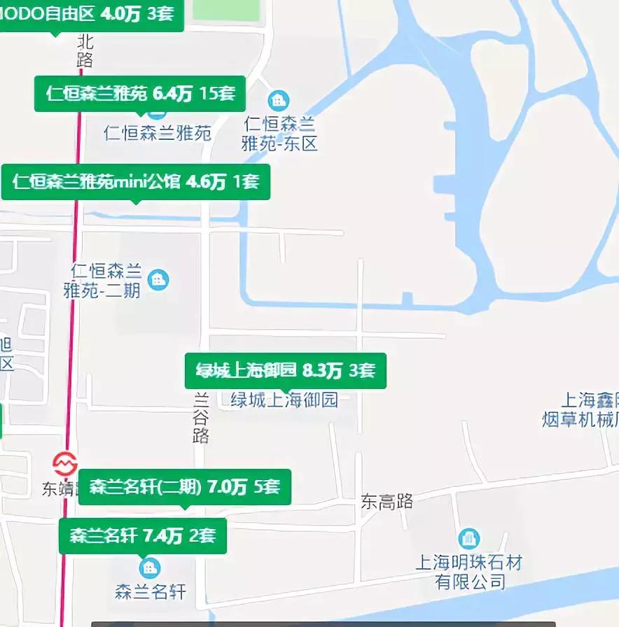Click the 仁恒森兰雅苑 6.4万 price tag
pos(140,94)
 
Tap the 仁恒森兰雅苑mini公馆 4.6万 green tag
pos(135,183)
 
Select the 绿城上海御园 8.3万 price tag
pos(285,370)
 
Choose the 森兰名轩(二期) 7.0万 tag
pos(184,486)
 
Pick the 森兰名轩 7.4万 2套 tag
pos(143,536)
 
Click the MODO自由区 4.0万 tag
pos(91,14)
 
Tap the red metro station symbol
pos(65,463)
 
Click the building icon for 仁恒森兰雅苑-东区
pos(279,100)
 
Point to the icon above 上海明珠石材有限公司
pos(468,539)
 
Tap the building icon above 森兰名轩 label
pos(148,567)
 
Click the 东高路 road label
pos(387,501)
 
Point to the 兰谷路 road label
pos(201,418)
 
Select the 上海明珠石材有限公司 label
pos(469,572)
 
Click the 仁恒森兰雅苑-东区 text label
pos(279,134)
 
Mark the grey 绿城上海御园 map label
pos(284,400)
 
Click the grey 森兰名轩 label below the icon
pos(151,592)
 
